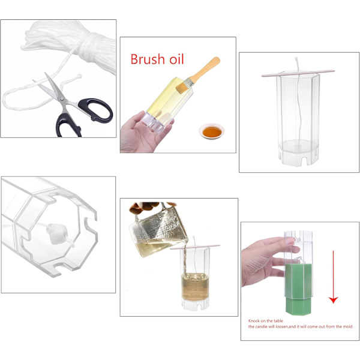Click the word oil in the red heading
coord(176,59)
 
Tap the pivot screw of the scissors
coord(62,99)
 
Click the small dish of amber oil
coord(212,131)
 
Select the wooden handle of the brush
coord(205,70)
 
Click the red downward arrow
coord(333,277)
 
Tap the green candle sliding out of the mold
coord(298,289)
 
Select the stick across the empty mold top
coord(298,73)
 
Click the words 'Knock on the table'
coord(265,321)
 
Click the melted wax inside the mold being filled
coord(195,287)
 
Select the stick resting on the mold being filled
coord(194,247)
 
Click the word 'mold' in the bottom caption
coord(347,326)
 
